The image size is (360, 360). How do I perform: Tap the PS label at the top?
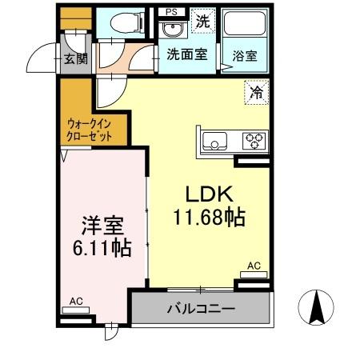tap(171, 12)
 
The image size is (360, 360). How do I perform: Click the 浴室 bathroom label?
tap(245, 56)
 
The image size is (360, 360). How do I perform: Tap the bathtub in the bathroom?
tap(245, 26)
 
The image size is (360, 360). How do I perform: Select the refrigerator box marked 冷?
tap(256, 93)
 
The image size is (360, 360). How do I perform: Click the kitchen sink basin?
tap(217, 142)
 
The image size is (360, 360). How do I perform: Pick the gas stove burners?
tap(255, 141)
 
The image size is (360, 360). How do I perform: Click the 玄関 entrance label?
tap(75, 58)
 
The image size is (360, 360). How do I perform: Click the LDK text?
tap(209, 194)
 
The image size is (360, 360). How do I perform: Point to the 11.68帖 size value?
tap(209, 216)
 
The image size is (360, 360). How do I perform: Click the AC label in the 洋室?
tap(76, 301)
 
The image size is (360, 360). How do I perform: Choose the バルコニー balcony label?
tap(200, 309)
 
